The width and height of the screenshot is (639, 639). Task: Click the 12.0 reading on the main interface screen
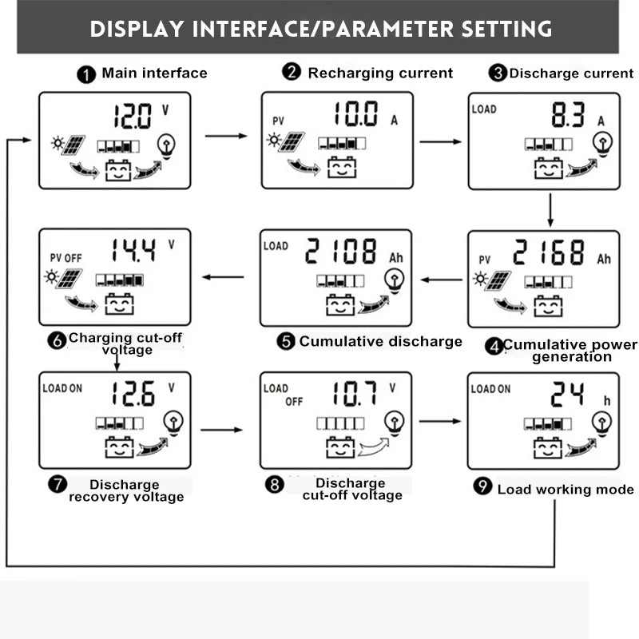pyautogui.click(x=132, y=117)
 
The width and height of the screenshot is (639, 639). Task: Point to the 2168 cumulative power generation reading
pyautogui.click(x=550, y=253)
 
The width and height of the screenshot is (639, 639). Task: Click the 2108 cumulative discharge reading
pyautogui.click(x=342, y=252)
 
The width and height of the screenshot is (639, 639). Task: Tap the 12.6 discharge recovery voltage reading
pyautogui.click(x=133, y=394)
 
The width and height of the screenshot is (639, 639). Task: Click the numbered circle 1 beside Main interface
pyautogui.click(x=86, y=75)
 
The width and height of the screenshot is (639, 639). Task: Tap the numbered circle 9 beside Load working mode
pyautogui.click(x=482, y=486)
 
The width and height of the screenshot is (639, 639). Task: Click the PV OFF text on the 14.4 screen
pyautogui.click(x=65, y=259)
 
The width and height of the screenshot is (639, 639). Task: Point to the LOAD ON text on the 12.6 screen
pyautogui.click(x=62, y=388)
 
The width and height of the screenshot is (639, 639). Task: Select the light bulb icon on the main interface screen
pyautogui.click(x=166, y=144)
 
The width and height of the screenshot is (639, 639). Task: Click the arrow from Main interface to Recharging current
pyautogui.click(x=226, y=136)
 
